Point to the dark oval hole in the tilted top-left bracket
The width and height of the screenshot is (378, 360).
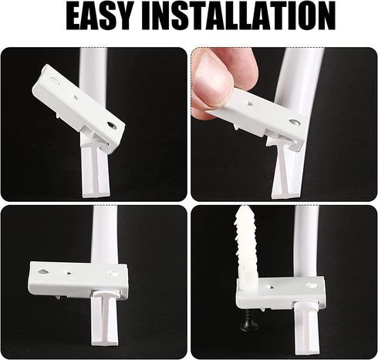(x=112, y=123)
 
